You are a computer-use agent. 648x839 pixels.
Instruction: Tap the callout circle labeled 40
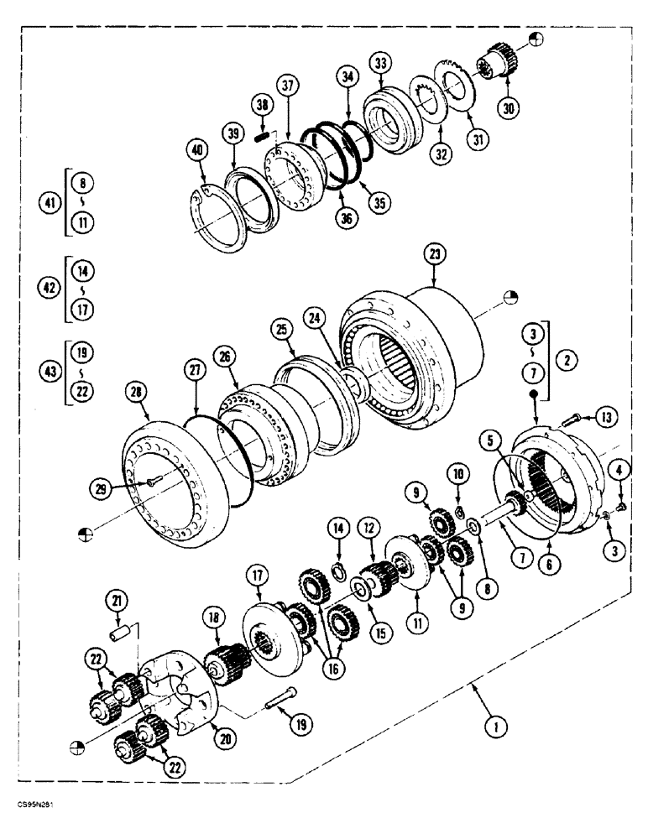pos(197,151)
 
